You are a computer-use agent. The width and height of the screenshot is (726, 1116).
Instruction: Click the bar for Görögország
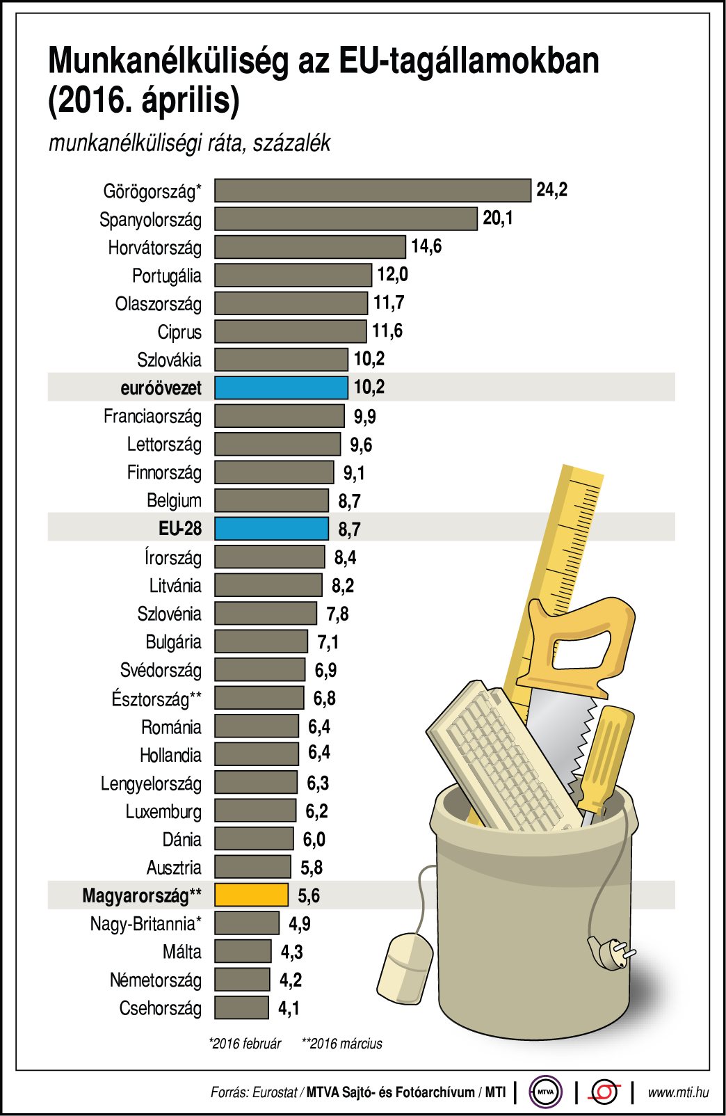372,191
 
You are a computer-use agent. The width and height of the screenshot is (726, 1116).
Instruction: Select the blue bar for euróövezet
281,388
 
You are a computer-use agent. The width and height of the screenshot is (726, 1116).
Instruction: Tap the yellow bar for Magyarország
251,895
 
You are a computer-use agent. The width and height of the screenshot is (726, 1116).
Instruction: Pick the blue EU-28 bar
271,529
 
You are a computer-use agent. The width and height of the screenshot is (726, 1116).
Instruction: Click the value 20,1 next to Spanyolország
498,218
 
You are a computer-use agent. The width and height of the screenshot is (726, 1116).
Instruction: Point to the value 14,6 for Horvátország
426,246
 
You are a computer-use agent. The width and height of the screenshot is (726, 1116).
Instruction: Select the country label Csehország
160,1008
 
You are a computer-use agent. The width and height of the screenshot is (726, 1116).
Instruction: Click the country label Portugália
166,276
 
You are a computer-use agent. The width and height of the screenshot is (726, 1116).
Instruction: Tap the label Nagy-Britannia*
145,924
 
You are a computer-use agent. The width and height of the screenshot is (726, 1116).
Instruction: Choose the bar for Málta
243,951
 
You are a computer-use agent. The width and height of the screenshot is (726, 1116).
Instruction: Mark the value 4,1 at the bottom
289,1008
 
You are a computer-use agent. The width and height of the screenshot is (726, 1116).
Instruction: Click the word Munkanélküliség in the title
168,61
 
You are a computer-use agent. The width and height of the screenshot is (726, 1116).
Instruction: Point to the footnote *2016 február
245,1044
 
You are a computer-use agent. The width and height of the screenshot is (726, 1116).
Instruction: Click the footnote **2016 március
341,1044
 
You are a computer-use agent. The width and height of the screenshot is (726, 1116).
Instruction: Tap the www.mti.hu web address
678,1092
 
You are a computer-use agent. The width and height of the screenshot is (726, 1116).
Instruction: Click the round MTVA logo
545,1092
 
